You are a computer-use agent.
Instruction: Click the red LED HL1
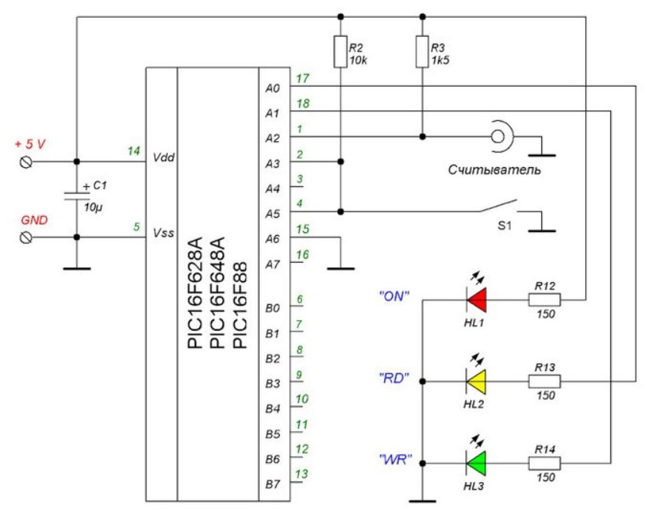pos(476,300)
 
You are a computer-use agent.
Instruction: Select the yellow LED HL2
pos(476,382)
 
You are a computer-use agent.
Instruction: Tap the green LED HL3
pos(476,463)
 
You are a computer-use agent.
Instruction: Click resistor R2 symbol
pos(340,51)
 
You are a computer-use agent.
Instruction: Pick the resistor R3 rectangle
pos(422,51)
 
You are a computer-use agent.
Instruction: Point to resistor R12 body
pos(544,300)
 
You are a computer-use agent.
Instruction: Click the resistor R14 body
pos(544,463)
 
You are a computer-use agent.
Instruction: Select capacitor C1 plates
pos(77,196)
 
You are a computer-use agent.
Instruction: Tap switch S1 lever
pos(498,206)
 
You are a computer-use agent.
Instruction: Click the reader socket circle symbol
pos(498,136)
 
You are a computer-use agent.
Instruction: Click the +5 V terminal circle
pos(26,162)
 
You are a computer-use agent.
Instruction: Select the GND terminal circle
pos(26,238)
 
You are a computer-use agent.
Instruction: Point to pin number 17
pos(302,78)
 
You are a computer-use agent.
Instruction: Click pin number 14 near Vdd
pos(133,150)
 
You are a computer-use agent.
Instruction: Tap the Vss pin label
pos(163,233)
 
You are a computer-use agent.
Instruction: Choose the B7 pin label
pos(272,484)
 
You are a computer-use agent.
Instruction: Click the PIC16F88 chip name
pos(240,305)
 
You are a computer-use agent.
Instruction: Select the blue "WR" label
pos(396,460)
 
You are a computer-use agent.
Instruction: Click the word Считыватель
pos(495,169)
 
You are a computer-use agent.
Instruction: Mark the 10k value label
pos(358,61)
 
